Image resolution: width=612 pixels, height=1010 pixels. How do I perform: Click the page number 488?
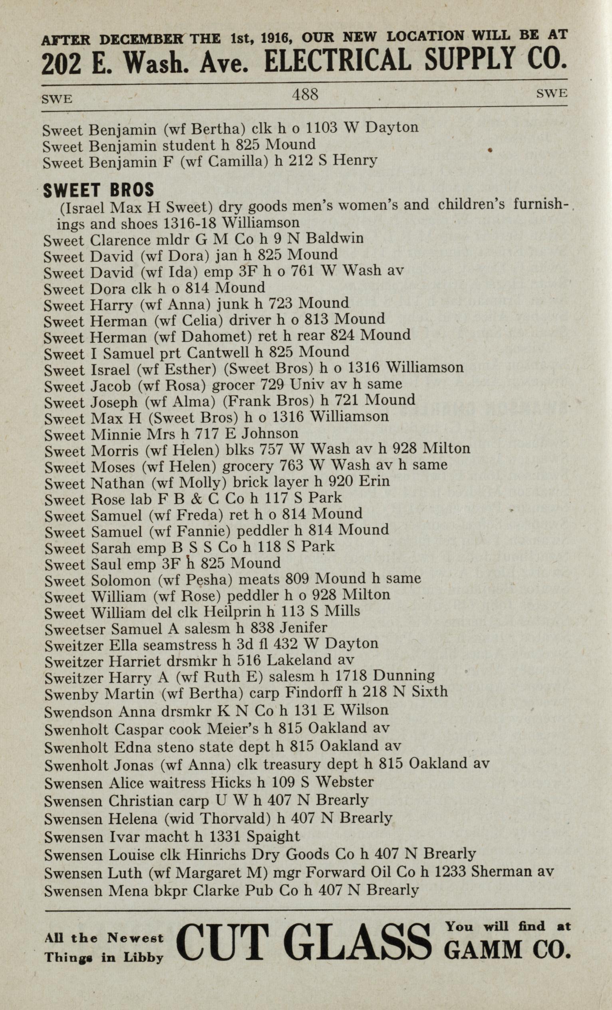(x=305, y=95)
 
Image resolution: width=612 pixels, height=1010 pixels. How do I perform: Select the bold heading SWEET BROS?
(x=98, y=190)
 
